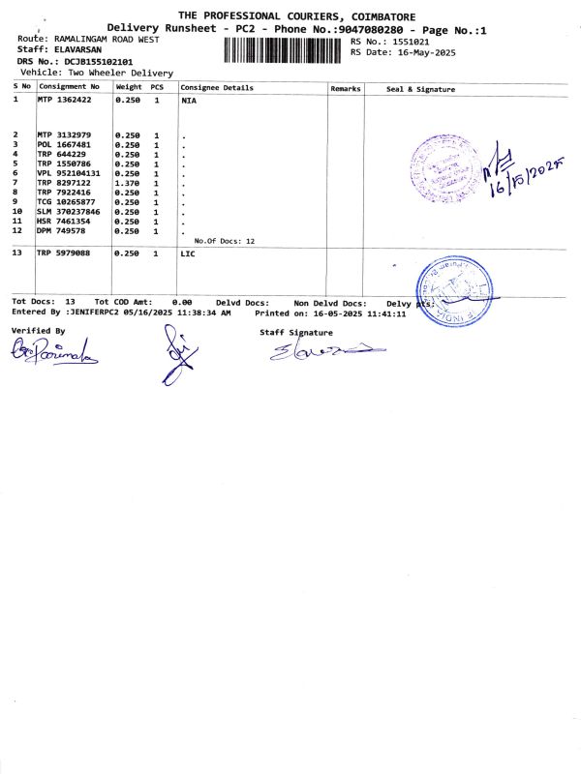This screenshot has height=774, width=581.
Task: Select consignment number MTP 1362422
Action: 65,101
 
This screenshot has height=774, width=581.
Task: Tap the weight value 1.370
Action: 129,182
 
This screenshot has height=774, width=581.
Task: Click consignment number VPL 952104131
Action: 69,173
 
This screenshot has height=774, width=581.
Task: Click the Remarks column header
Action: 346,88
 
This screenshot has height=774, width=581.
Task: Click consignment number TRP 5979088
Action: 65,253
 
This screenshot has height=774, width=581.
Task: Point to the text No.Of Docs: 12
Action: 225,240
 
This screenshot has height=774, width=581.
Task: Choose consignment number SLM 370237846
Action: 69,211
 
